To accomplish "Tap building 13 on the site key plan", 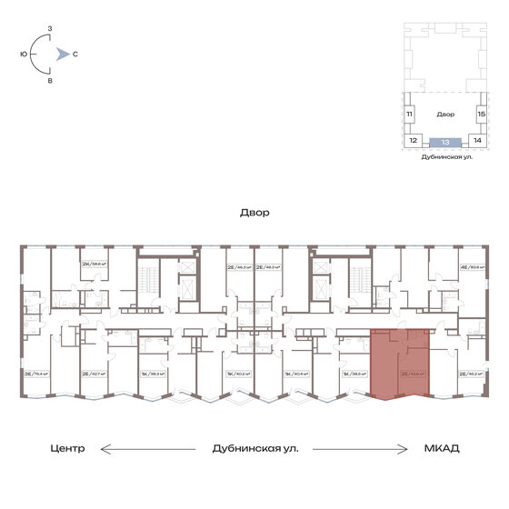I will [444, 142].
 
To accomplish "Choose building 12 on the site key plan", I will [413, 142].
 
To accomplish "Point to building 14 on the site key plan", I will [476, 142].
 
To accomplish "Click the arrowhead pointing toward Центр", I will [103, 449].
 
